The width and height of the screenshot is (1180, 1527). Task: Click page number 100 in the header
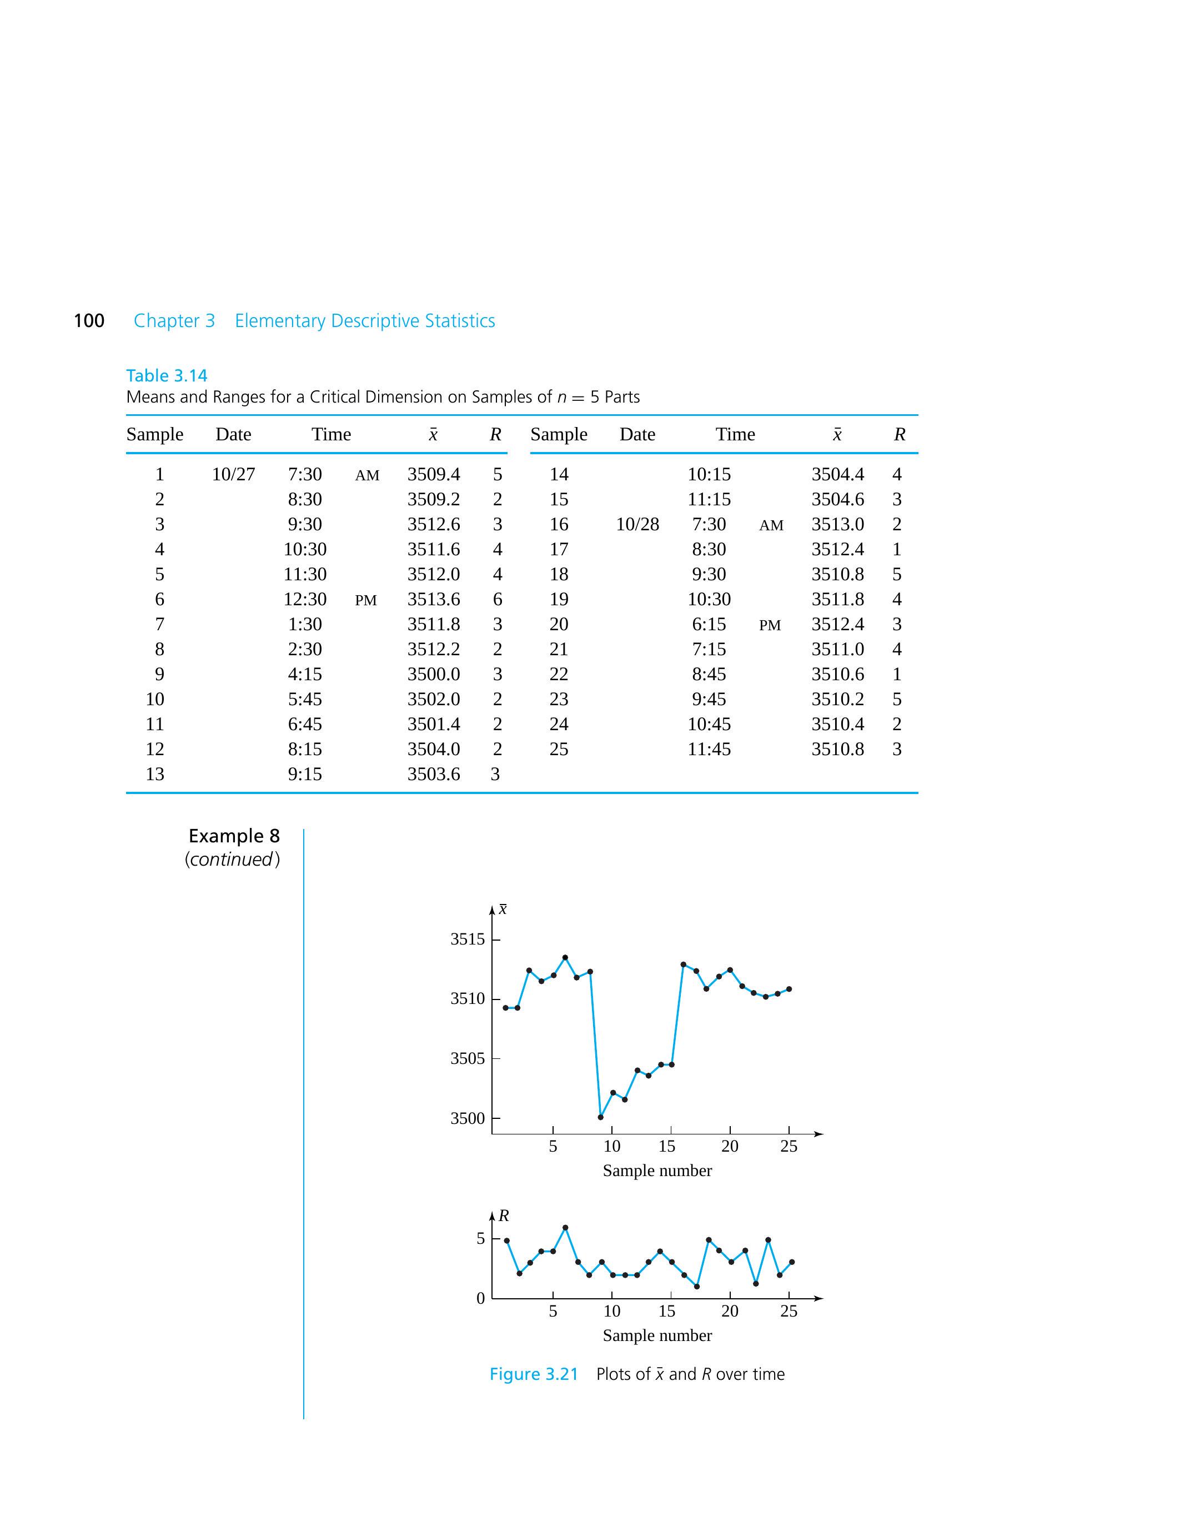pyautogui.click(x=89, y=321)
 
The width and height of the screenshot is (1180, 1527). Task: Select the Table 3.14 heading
pyautogui.click(x=167, y=375)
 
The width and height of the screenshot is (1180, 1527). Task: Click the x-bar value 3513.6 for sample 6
pyautogui.click(x=434, y=599)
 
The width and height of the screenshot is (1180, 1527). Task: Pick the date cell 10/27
pyautogui.click(x=233, y=475)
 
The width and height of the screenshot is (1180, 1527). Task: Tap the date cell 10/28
pyautogui.click(x=637, y=524)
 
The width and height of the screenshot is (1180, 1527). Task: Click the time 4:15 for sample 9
pyautogui.click(x=305, y=674)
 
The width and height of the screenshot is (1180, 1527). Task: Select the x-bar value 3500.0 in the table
pyautogui.click(x=434, y=674)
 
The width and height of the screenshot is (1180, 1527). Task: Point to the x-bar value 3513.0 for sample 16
pyautogui.click(x=837, y=524)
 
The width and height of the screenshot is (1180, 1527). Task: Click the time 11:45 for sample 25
pyautogui.click(x=709, y=749)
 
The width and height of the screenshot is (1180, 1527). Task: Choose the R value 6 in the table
pyautogui.click(x=497, y=599)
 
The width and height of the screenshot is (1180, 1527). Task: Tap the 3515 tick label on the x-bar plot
pyautogui.click(x=467, y=939)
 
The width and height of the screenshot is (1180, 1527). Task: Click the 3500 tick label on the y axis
pyautogui.click(x=467, y=1118)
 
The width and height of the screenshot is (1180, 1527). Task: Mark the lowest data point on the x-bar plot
pyautogui.click(x=600, y=1117)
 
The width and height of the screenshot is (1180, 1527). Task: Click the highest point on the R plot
pyautogui.click(x=565, y=1227)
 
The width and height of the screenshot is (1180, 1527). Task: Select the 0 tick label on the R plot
pyautogui.click(x=480, y=1298)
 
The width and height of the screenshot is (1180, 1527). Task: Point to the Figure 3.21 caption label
pyautogui.click(x=534, y=1374)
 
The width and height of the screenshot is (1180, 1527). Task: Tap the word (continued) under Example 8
pyautogui.click(x=232, y=860)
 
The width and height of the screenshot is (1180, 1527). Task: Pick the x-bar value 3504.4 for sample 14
pyautogui.click(x=837, y=475)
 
